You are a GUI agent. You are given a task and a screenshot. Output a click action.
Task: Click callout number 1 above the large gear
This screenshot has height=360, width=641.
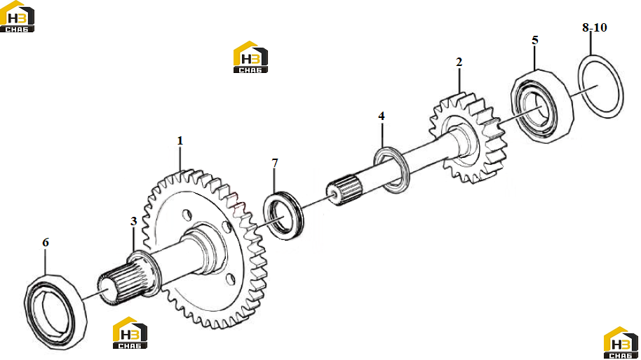pos(180,141)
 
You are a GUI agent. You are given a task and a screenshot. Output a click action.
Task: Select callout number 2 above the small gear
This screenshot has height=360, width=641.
pos(459,62)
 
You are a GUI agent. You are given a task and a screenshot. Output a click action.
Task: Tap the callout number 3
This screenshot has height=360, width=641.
pos(133,221)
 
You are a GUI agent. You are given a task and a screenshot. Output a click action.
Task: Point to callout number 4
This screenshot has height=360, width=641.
pos(382,116)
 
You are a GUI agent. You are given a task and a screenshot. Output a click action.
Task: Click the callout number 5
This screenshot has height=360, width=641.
pos(535,40)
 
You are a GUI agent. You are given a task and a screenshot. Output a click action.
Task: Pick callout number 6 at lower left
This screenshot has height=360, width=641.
pos(46,243)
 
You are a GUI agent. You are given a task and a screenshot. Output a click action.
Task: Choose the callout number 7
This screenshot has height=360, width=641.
pos(275,163)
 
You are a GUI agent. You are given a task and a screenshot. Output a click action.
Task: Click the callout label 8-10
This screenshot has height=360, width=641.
pos(595,27)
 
